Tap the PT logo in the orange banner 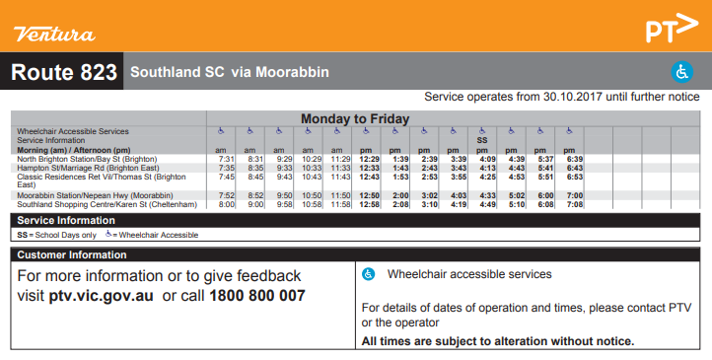pyautogui.click(x=671, y=30)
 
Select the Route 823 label pyautogui.click(x=64, y=73)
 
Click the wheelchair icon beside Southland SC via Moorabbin pyautogui.click(x=681, y=72)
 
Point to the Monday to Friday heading pyautogui.click(x=355, y=119)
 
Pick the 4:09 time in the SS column pyautogui.click(x=486, y=159)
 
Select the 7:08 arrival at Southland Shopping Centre pyautogui.click(x=575, y=204)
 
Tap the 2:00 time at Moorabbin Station pyautogui.click(x=399, y=196)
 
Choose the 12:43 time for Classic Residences pyautogui.click(x=370, y=178)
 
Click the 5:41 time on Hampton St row pyautogui.click(x=545, y=168)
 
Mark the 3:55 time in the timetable pyautogui.click(x=458, y=178)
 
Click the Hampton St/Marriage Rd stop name pyautogui.click(x=88, y=168)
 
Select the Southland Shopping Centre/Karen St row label pyautogui.click(x=96, y=204)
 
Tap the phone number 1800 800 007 pyautogui.click(x=257, y=296)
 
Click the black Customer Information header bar pyautogui.click(x=356, y=254)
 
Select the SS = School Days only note pyautogui.click(x=56, y=235)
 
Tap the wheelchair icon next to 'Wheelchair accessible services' pyautogui.click(x=369, y=274)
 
